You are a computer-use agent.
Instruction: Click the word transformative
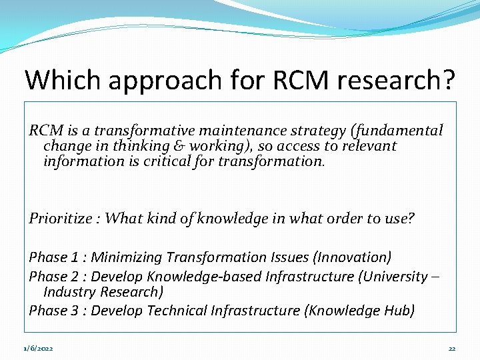[123, 131]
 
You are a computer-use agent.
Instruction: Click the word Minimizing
[127, 257]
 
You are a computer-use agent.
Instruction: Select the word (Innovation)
[353, 257]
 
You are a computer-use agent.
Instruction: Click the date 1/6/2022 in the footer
[39, 349]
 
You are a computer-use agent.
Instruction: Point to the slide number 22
[451, 349]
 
